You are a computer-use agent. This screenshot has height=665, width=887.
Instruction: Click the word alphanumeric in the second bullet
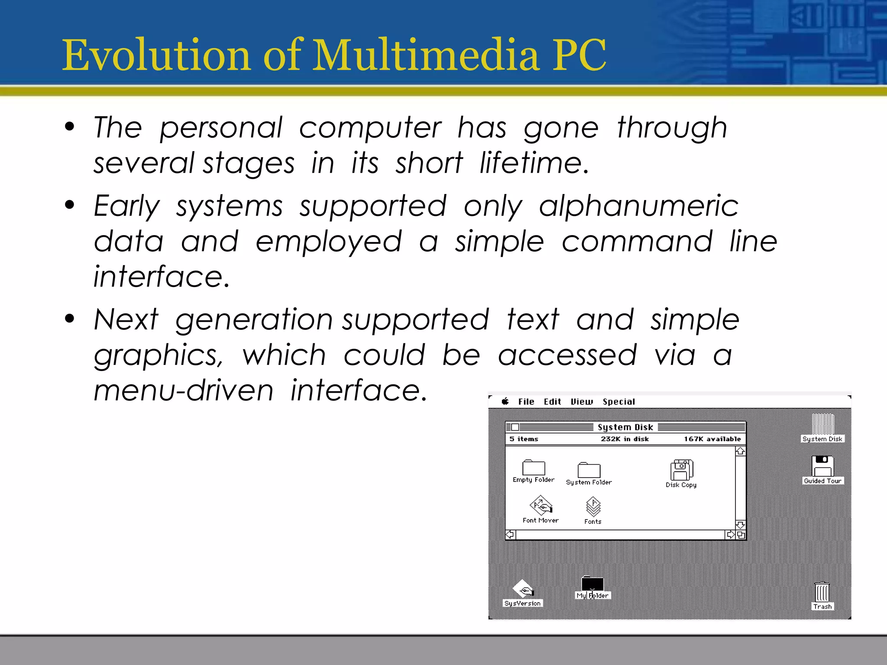tap(639, 207)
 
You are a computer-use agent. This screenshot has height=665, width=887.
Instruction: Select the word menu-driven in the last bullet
tap(184, 391)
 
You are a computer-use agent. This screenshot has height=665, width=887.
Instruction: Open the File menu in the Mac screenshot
tap(526, 402)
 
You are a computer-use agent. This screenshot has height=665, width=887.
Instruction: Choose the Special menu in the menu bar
tap(618, 402)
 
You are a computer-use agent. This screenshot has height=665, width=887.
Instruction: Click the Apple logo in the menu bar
tap(505, 401)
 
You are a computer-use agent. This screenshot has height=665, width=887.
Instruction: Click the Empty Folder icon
tap(534, 468)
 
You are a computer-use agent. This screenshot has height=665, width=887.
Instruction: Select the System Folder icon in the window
tap(589, 470)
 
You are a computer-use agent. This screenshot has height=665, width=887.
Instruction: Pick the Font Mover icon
tap(541, 506)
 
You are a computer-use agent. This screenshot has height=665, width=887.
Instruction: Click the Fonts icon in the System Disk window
tap(593, 507)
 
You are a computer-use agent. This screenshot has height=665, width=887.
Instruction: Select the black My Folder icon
tap(592, 584)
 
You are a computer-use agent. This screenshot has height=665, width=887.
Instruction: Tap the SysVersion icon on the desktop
tap(523, 590)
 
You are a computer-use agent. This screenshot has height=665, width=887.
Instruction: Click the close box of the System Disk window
tap(515, 427)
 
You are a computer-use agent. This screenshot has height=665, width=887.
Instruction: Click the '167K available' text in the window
tap(712, 439)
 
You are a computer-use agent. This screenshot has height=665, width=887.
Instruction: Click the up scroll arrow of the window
tap(740, 451)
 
